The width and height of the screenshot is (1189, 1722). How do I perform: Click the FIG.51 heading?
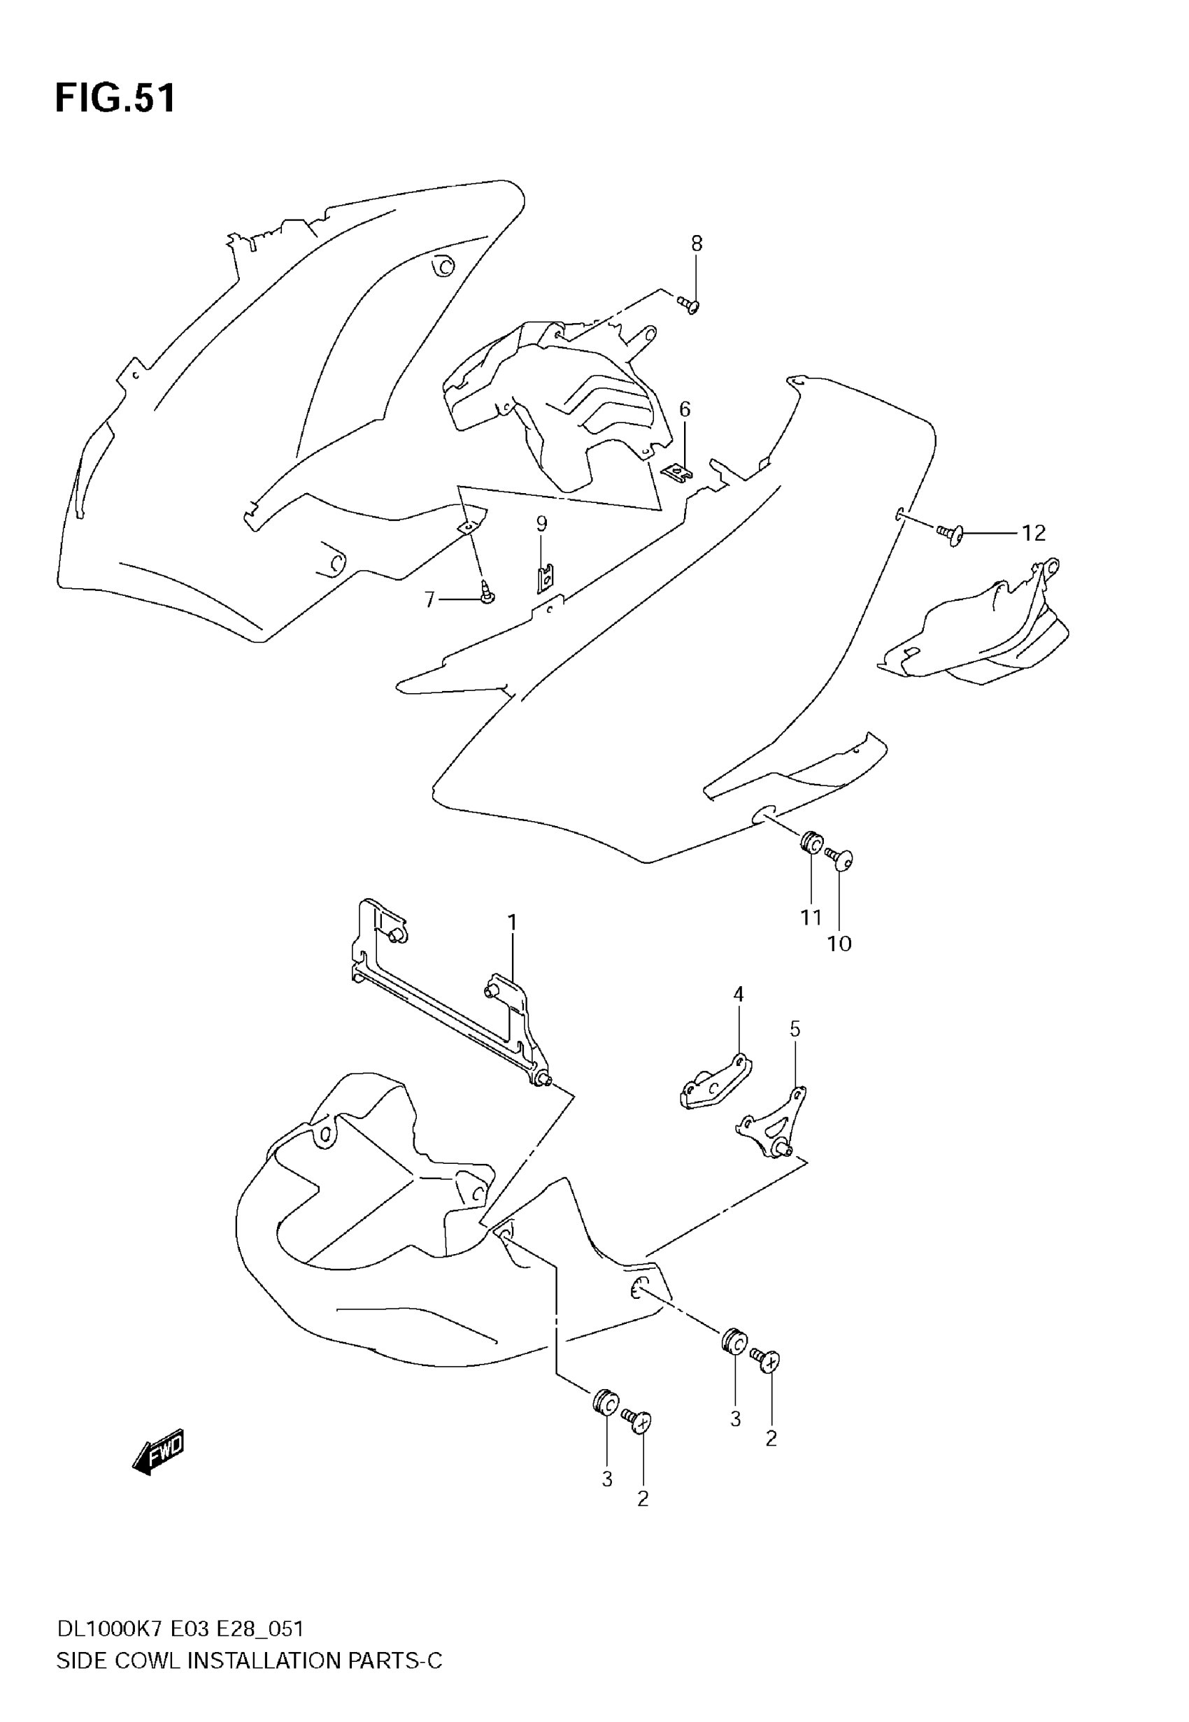pos(115,99)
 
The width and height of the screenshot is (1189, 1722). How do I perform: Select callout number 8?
pos(697,243)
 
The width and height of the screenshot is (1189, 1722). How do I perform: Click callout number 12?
pos(1033,532)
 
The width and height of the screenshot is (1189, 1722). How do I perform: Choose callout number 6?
pos(685,409)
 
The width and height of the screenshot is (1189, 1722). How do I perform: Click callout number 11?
pos(811,917)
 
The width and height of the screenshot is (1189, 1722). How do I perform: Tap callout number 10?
pos(839,944)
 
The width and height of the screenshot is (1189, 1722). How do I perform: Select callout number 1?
pos(513,922)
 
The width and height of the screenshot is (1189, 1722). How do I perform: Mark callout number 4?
pos(739,994)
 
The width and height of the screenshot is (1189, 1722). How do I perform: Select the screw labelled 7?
pos(488,595)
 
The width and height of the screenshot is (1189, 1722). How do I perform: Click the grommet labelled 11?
pos(811,844)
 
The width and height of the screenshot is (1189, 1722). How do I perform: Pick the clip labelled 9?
pos(546,577)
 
